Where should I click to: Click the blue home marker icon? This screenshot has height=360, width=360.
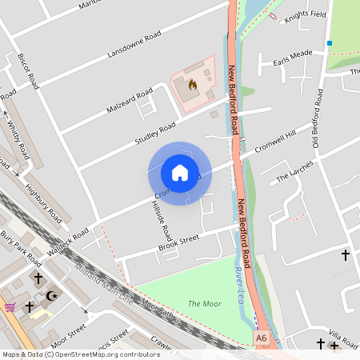pyautogui.click(x=180, y=173)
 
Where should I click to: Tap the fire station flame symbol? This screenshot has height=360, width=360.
pyautogui.click(x=192, y=83)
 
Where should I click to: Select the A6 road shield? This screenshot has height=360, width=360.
pyautogui.click(x=262, y=339)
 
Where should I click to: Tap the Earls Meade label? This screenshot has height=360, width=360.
pyautogui.click(x=292, y=56)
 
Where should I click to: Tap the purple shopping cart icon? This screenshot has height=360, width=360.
pyautogui.click(x=10, y=306)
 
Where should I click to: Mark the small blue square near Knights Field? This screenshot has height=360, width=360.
pyautogui.click(x=329, y=42)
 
